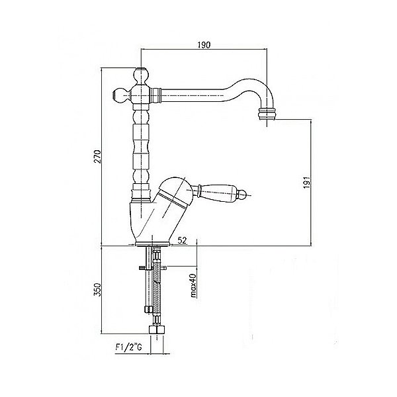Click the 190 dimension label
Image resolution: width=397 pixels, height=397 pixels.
(x=204, y=45)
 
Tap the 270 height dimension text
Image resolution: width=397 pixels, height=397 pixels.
(x=97, y=157)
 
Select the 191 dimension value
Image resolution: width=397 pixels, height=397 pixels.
(x=307, y=183)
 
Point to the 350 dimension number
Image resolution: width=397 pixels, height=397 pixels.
(x=97, y=290)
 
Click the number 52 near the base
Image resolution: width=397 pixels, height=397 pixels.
(x=182, y=240)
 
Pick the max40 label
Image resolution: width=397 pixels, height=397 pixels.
(x=193, y=286)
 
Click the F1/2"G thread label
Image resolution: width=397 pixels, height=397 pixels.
(x=128, y=347)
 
